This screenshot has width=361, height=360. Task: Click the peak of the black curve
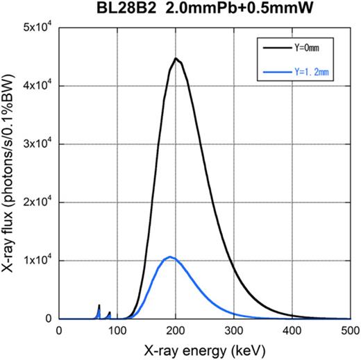(x=176, y=59)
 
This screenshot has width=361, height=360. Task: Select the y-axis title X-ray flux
(x=11, y=173)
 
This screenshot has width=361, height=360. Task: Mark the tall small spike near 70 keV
(x=99, y=306)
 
